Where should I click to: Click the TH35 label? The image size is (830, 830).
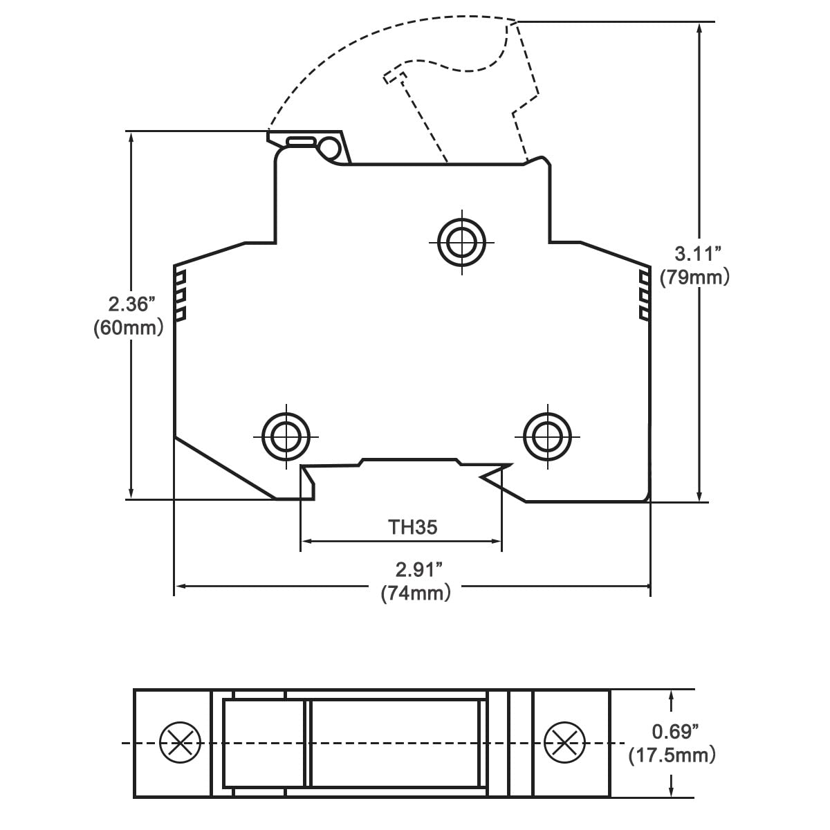412,527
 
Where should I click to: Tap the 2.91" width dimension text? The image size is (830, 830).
418,570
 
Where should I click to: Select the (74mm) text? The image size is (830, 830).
416,593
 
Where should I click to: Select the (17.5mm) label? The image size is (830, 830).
672,755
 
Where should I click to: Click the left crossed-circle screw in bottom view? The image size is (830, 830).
180,743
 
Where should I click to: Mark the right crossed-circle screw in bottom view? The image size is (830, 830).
564,743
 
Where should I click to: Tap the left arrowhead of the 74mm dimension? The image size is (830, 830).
178,587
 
